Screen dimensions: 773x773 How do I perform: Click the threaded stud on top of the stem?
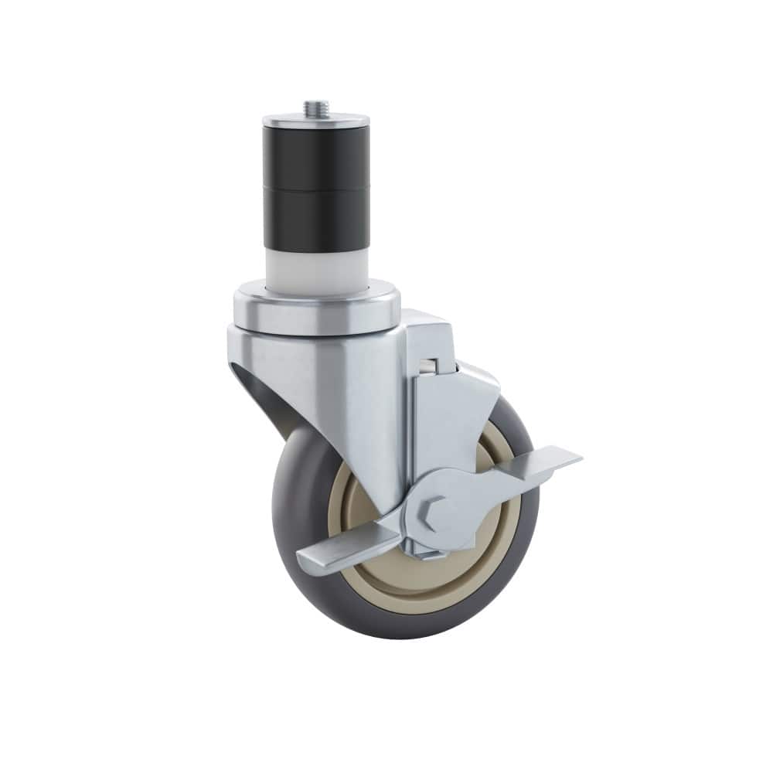315,107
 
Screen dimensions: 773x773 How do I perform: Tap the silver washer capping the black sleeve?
315,121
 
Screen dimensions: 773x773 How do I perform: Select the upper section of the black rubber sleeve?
315,158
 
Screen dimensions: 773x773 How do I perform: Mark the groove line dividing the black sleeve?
315,186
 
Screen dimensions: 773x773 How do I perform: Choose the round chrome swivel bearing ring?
317,309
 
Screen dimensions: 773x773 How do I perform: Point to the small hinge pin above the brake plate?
427,364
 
